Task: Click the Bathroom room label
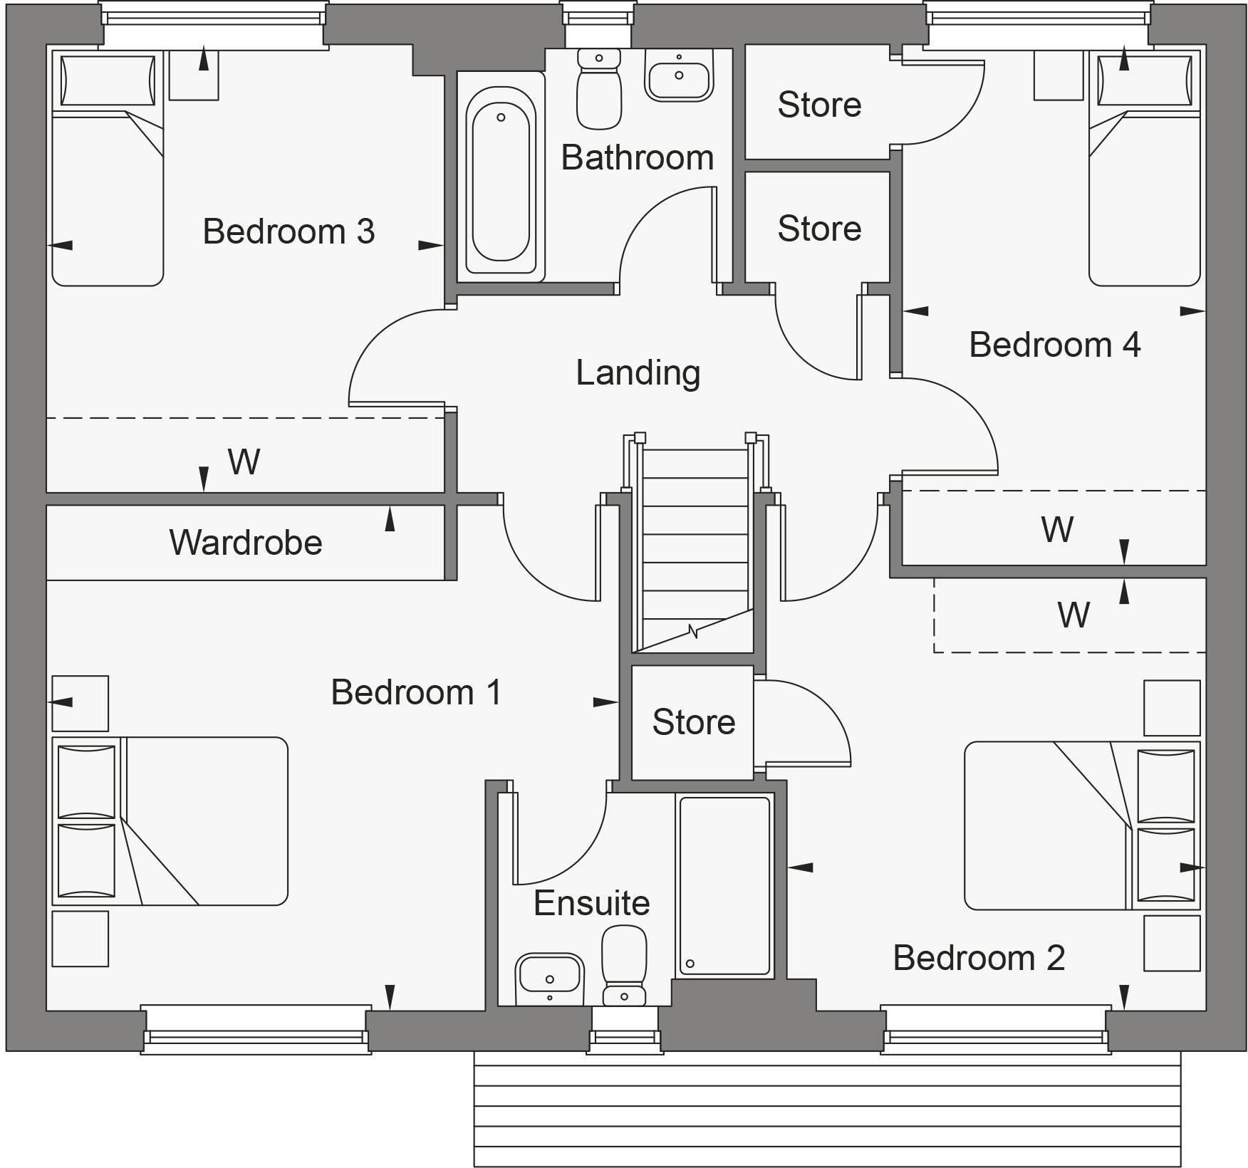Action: point(637,157)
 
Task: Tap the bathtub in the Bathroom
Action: point(501,182)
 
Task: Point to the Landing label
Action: point(638,372)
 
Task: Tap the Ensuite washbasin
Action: point(549,974)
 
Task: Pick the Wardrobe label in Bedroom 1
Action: point(246,543)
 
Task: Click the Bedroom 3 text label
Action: point(288,231)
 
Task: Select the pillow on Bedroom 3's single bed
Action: point(108,80)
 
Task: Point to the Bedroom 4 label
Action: point(1054,345)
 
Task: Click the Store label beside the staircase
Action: point(693,722)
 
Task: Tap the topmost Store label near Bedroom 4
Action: point(819,105)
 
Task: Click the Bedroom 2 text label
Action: point(978,958)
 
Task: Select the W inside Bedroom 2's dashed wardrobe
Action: point(1073,615)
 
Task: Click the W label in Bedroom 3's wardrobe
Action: point(244,462)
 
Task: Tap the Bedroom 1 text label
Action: point(416,692)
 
